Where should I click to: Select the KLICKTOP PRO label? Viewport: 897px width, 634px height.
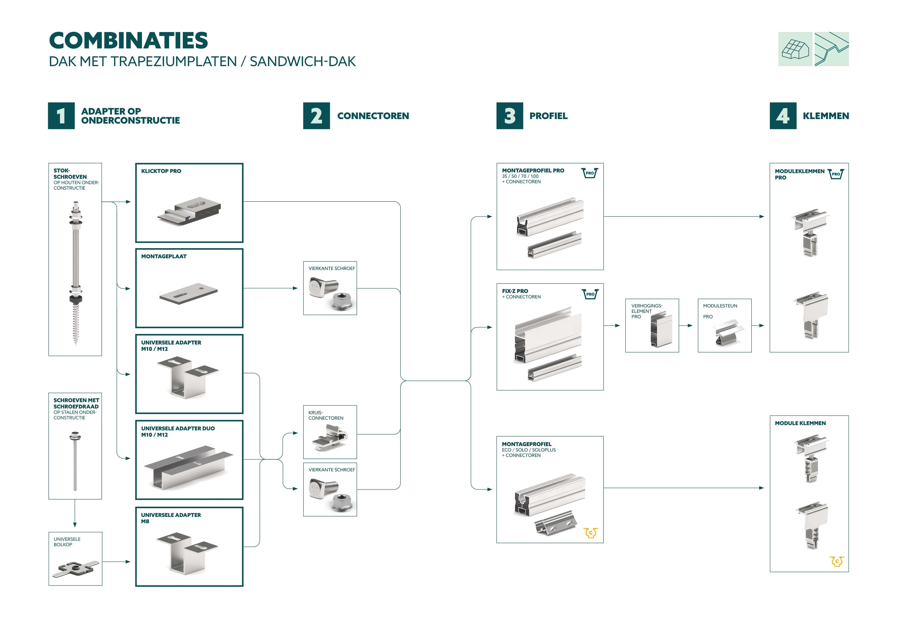(x=161, y=171)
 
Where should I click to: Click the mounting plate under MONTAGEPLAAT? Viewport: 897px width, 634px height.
(x=188, y=294)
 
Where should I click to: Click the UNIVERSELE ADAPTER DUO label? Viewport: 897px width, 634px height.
(x=178, y=429)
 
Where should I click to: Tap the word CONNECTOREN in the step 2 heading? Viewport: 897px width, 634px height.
(x=373, y=116)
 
